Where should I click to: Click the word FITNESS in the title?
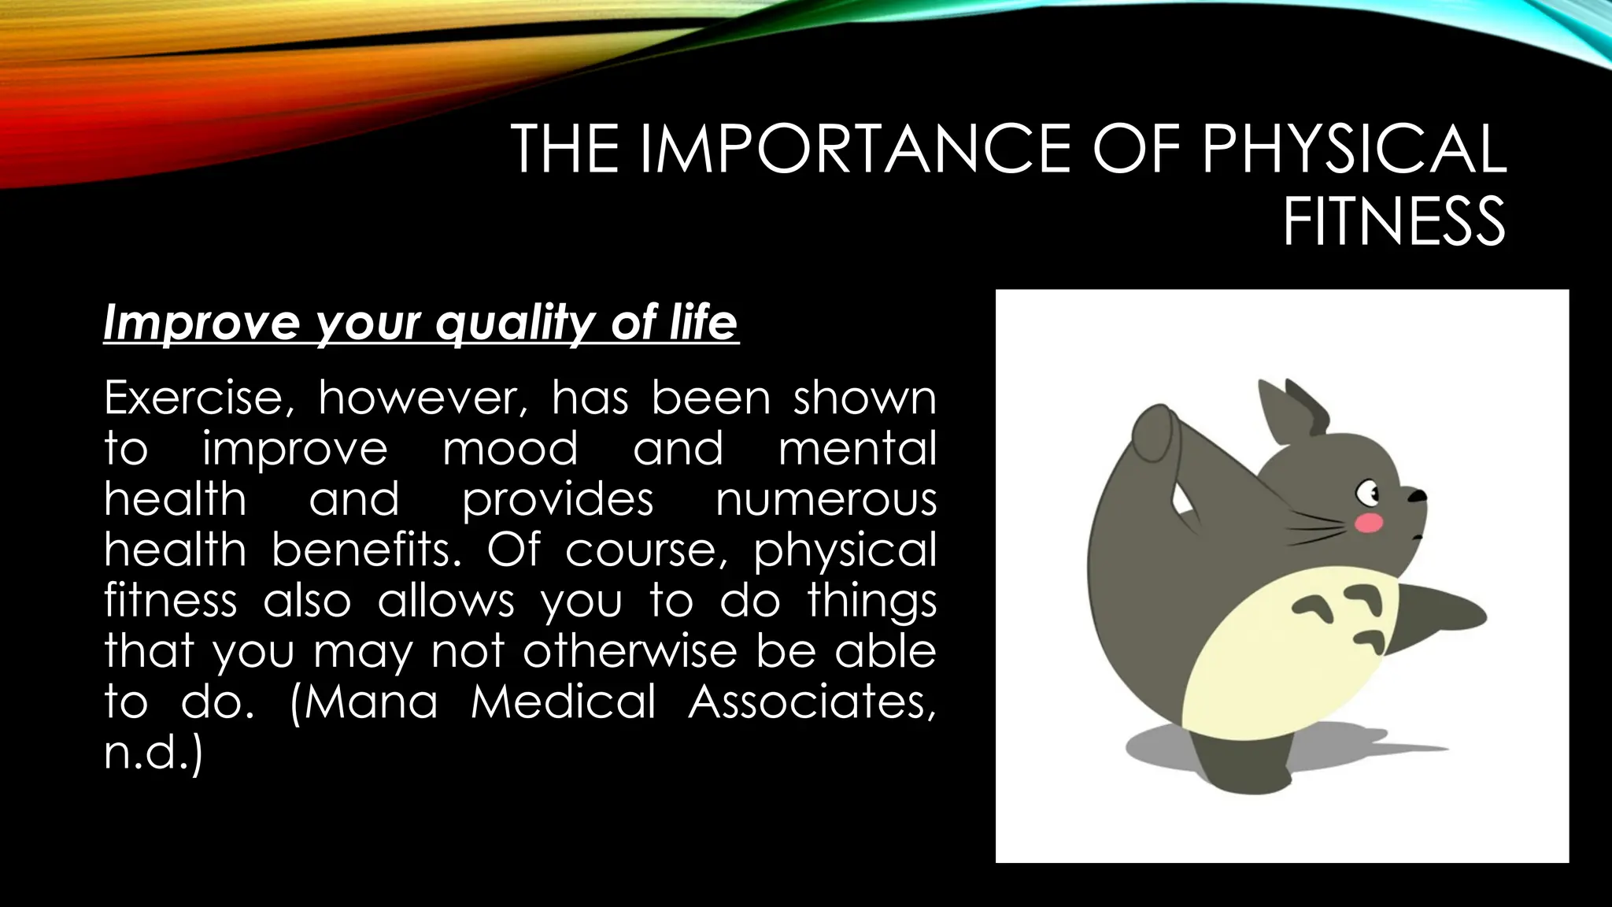click(x=1394, y=222)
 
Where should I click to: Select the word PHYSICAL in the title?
click(x=1352, y=149)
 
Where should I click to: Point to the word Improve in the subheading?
click(x=201, y=323)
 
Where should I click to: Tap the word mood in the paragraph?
click(x=510, y=449)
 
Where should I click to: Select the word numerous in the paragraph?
click(x=826, y=499)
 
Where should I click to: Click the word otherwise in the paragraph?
click(x=630, y=650)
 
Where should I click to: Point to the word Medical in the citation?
click(x=563, y=701)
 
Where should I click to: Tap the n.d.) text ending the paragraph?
click(x=153, y=752)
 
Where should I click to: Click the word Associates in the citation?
click(x=812, y=701)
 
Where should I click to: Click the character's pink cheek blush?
click(x=1370, y=522)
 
